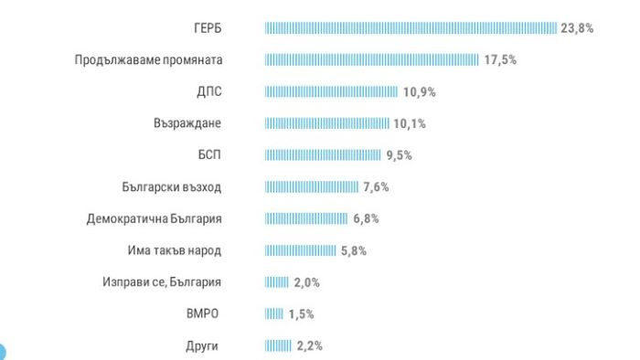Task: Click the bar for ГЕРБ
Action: pyautogui.click(x=411, y=28)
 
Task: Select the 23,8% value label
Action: pyautogui.click(x=577, y=28)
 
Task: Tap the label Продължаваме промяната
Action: pyautogui.click(x=149, y=60)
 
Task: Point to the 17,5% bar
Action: pyautogui.click(x=371, y=60)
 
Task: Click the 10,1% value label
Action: pyautogui.click(x=410, y=123)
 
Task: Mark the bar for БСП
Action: pyautogui.click(x=323, y=155)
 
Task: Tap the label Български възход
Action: pyautogui.click(x=172, y=187)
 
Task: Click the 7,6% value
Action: pyautogui.click(x=376, y=187)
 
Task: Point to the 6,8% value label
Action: pyautogui.click(x=366, y=219)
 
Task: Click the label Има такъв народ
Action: pyautogui.click(x=174, y=250)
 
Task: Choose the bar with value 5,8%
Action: pyautogui.click(x=301, y=250)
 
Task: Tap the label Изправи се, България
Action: pyautogui.click(x=162, y=282)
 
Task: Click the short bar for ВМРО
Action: pyautogui.click(x=274, y=314)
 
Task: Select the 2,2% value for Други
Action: pyautogui.click(x=309, y=346)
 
